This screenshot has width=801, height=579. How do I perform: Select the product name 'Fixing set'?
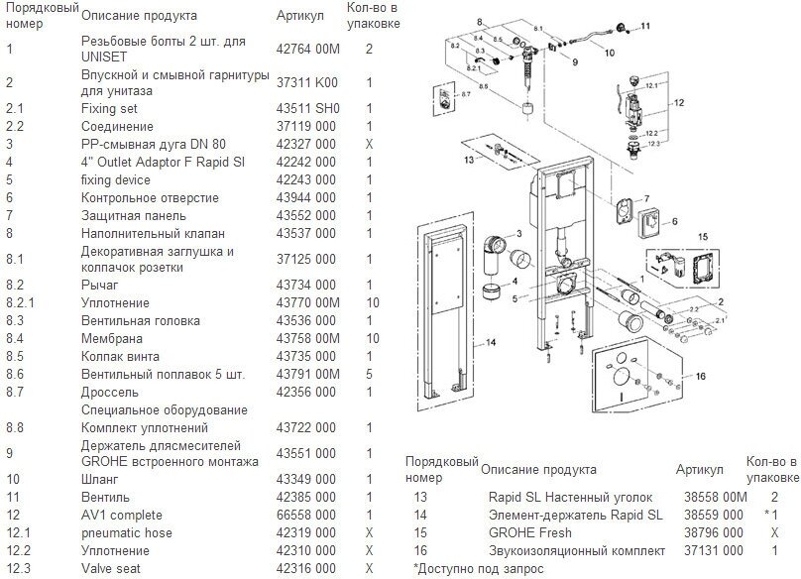point(109,109)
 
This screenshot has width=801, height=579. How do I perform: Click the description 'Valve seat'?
point(112,569)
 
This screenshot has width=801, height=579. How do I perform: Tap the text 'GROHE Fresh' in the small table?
point(523,532)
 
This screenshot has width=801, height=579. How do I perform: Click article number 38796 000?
point(709,532)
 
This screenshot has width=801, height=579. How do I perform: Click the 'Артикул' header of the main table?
point(298,16)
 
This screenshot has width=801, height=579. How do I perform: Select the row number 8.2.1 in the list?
point(21,302)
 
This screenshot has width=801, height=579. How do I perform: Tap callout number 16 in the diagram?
point(700,376)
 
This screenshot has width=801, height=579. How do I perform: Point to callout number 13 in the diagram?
point(467,159)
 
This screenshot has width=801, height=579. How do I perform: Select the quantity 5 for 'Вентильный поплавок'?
point(369,374)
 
